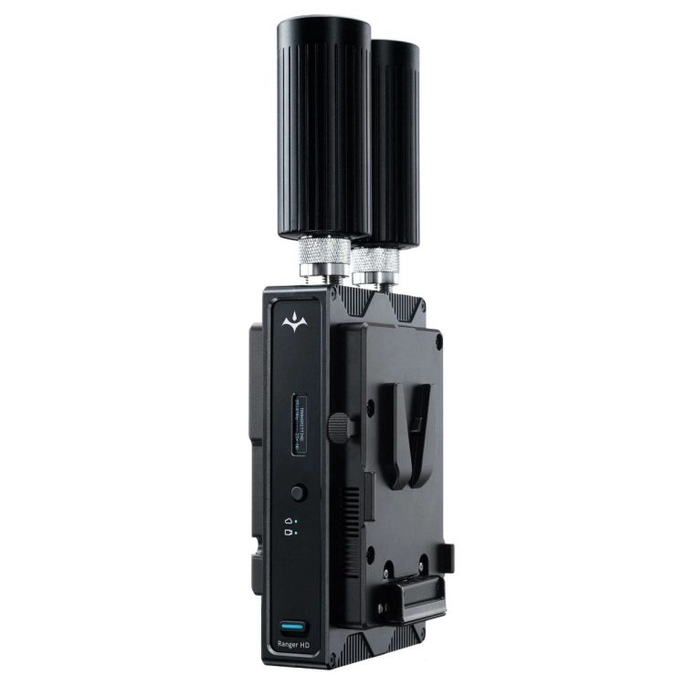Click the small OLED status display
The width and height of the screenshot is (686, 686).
coord(298,425)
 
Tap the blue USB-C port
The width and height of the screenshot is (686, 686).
coord(293,629)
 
